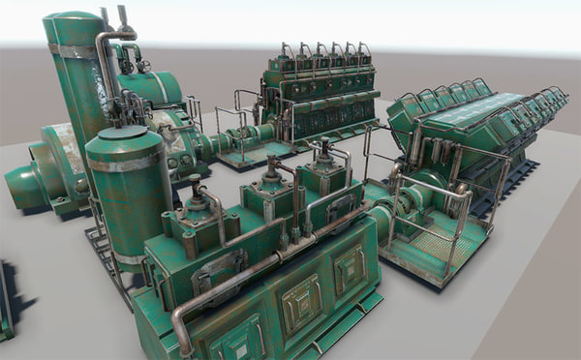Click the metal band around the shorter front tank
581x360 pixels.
point(126,164)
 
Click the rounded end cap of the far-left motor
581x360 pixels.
point(21,186)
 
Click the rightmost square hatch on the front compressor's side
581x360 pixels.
point(349,267)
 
